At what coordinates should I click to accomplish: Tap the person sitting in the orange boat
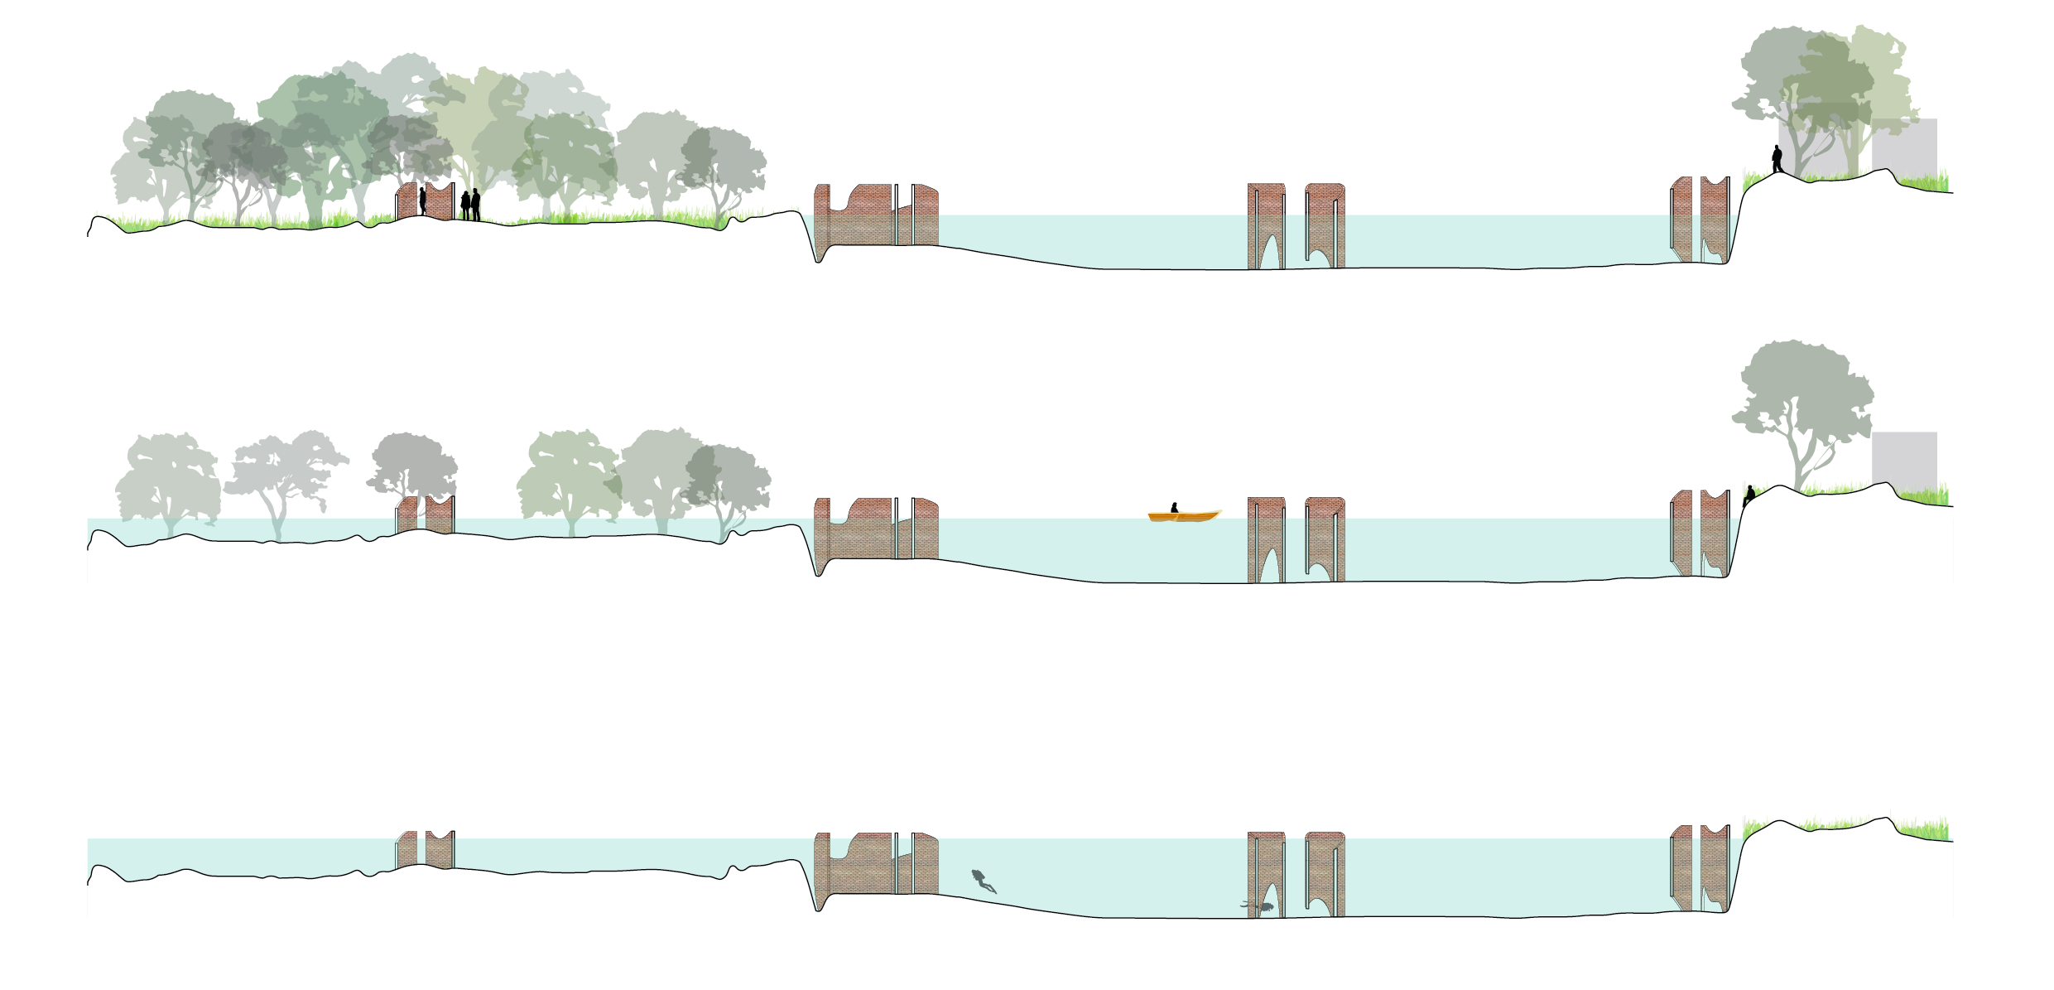1174,507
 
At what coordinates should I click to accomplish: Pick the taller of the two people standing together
476,204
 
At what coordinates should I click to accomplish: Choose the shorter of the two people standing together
465,205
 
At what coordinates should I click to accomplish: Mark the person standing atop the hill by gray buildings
1777,158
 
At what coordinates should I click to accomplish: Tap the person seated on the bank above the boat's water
1749,495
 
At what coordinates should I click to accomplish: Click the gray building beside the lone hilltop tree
1904,458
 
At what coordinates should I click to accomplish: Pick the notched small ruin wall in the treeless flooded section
440,849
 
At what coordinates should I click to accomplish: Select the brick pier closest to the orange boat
1266,538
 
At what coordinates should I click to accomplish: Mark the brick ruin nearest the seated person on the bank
1715,534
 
